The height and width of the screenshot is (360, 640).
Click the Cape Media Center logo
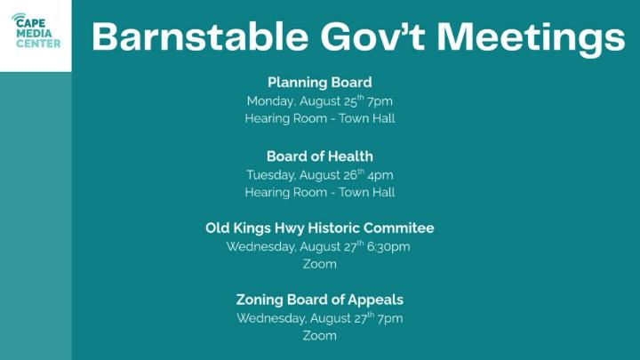point(36,30)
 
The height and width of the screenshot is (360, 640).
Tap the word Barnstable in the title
point(200,36)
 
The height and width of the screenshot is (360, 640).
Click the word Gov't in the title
point(372,36)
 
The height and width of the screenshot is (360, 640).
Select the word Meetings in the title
point(531,37)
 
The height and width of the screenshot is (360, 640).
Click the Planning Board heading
point(320,83)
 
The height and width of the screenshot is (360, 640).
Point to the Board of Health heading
point(320,156)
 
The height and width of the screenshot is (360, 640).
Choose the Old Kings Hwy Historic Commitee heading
point(320,228)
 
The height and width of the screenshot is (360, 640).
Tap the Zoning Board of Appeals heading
point(320,300)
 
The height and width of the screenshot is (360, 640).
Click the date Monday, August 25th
point(305,100)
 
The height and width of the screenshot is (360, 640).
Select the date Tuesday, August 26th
point(305,175)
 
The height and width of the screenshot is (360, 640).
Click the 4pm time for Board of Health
point(380,175)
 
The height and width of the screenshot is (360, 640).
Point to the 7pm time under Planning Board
point(380,101)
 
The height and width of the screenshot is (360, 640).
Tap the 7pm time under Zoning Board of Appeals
point(390,319)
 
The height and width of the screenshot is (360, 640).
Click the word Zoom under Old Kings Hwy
point(320,264)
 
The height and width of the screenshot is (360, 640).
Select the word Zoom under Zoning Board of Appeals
point(320,336)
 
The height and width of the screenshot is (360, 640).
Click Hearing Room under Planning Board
point(285,119)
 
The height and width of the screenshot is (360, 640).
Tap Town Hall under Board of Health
point(367,192)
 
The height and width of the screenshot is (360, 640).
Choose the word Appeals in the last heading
point(375,300)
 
